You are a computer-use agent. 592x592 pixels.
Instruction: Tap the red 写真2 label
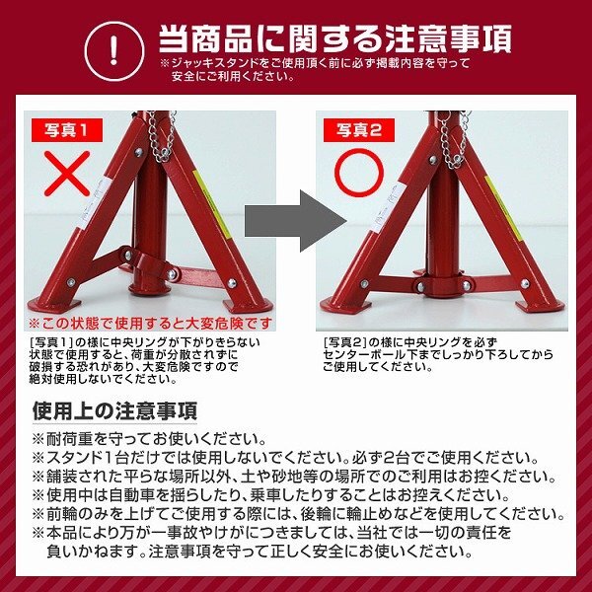357,129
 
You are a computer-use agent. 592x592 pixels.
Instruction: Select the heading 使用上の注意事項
115,409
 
